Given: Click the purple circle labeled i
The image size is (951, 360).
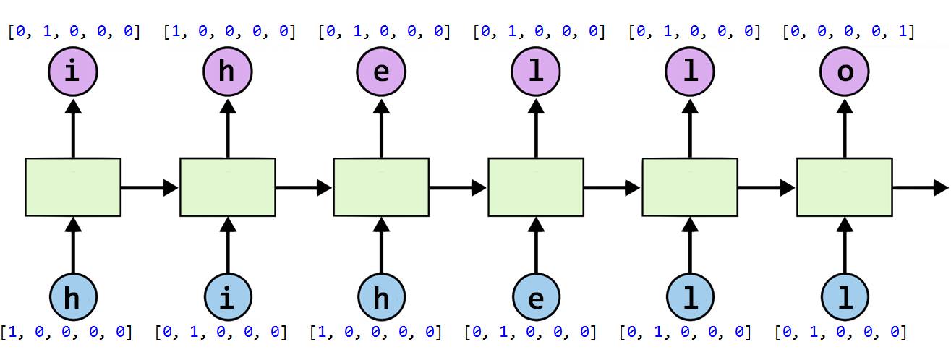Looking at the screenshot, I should pos(72,72).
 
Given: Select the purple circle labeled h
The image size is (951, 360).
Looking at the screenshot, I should pos(227,72).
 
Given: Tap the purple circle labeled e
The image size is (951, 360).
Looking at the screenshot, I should pos(381,72).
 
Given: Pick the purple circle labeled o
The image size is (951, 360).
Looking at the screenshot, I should pos(844,72).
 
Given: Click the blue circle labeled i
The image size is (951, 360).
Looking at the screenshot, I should pos(227,299).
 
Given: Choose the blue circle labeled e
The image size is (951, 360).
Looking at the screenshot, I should pos(536,299).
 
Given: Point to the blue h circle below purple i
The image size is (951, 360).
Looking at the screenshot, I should pos(72,299).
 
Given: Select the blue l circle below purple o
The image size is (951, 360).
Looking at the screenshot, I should pos(844,299).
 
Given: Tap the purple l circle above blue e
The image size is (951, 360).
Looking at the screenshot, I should pos(536,72).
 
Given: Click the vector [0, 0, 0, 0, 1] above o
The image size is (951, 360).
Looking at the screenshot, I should pos(848,32).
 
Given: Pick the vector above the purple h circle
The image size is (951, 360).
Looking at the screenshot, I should pos(229,32).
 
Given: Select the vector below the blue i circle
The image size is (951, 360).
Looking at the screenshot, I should pos(221,333).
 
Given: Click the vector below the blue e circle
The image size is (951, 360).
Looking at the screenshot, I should pos(530,333).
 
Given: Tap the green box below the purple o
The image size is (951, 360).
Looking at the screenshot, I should pos(844,187).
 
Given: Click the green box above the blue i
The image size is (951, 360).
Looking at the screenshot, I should pos(227,187).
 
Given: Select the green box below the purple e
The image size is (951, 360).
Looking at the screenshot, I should pos(381,187).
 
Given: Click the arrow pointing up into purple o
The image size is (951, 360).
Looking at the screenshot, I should pos(844,127).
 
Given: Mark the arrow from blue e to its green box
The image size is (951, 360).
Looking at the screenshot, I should pos(536,246).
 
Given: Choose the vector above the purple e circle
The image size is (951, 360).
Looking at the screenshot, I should pos(384,32).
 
